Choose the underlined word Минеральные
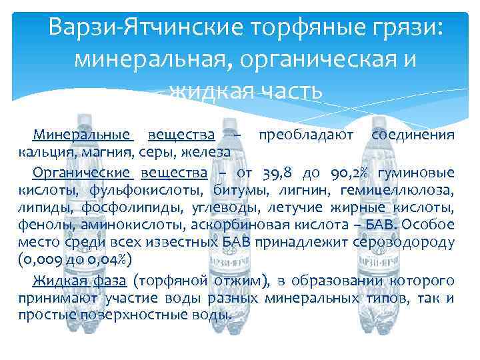tap(83, 135)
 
